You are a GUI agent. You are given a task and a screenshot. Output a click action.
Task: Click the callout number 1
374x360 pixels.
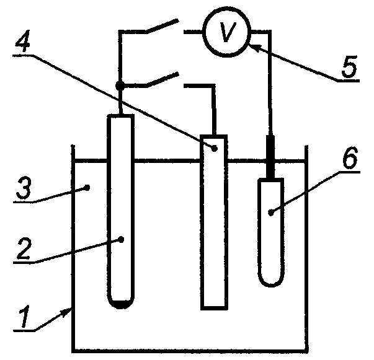pos(25,316)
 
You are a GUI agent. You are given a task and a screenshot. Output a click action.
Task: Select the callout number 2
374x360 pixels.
pos(24,248)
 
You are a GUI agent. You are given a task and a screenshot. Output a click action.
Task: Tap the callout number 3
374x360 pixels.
pos(24,188)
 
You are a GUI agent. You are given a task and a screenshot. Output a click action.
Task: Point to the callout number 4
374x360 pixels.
pos(23,41)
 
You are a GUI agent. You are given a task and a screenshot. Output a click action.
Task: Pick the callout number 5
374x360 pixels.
pos(349,67)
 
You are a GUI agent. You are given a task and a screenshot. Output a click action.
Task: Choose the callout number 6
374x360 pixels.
pos(350,157)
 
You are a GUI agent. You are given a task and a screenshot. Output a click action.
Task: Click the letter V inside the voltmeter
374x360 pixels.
pos(228,32)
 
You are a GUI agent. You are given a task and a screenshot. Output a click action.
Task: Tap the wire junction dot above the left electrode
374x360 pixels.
pos(120,86)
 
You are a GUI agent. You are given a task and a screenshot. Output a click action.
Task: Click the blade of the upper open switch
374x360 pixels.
pos(163,26)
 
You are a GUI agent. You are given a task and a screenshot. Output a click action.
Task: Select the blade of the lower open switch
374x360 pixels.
pos(163,79)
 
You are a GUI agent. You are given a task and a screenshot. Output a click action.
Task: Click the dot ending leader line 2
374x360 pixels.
pos(121,239)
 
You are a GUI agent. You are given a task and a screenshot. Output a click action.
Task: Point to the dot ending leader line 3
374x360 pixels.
pos(87,188)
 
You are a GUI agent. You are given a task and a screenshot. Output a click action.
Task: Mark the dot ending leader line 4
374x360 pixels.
pos(215,149)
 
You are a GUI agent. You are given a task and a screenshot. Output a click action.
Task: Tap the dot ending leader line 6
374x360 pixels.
pos(270,212)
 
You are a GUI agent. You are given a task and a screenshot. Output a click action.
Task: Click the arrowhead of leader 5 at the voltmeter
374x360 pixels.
pos(253,46)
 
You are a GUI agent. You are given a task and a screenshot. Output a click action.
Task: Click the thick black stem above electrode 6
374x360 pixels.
pos(270,157)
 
